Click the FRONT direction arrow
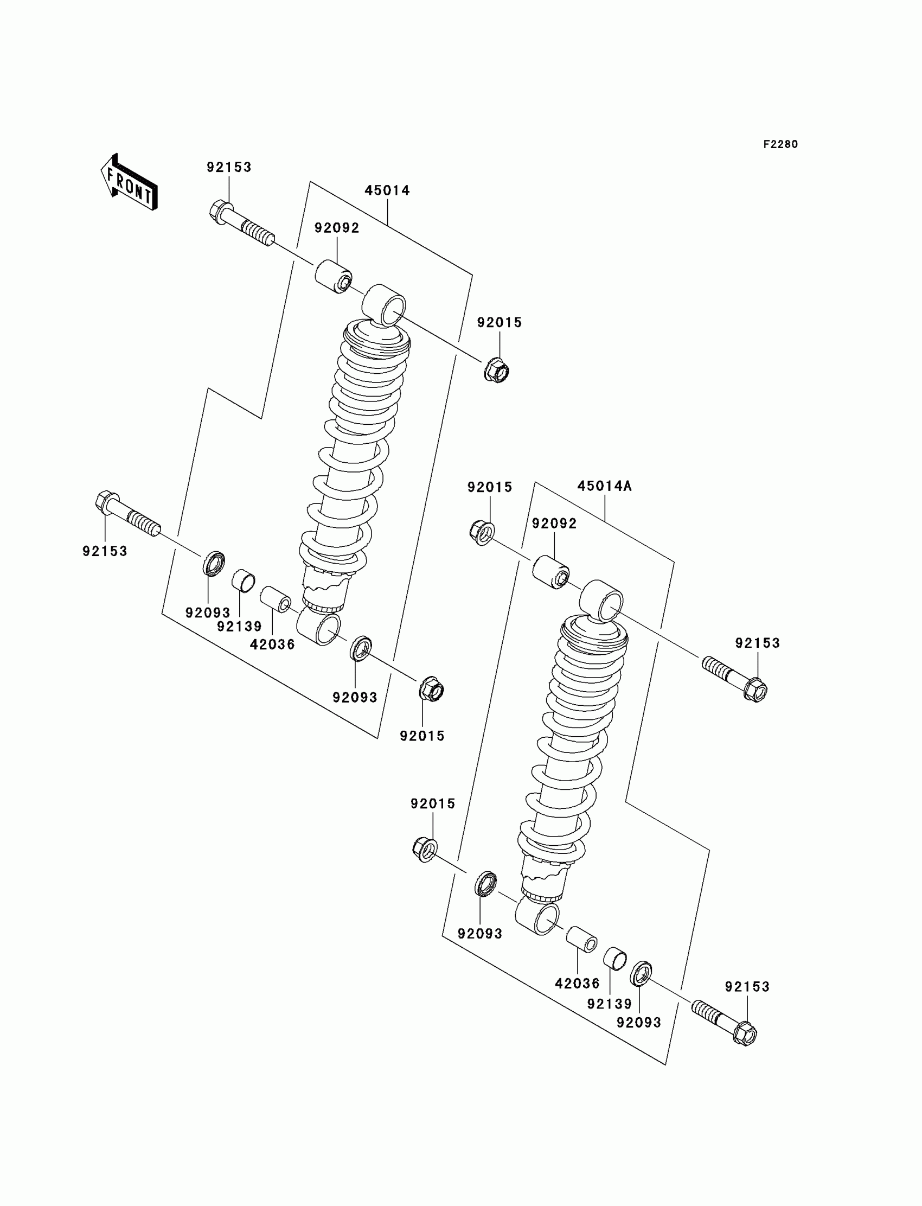pos(130,182)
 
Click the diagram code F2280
pos(780,144)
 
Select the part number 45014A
pos(604,486)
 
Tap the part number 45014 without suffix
pos(387,190)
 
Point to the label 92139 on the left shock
pos(239,627)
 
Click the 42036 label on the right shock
pos(578,983)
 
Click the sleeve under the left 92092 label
pos(334,277)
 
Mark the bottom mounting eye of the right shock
pos(539,920)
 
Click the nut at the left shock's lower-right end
pos(431,689)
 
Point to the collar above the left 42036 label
pos(275,599)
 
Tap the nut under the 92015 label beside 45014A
pos(481,532)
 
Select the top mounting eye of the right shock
pos(602,602)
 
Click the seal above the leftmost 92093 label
pos(214,564)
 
